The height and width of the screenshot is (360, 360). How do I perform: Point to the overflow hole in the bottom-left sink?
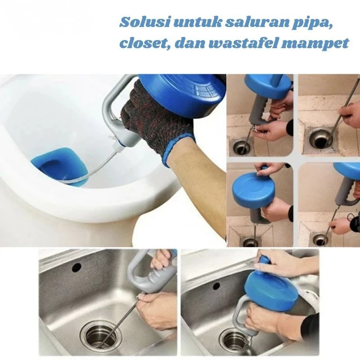pos(76,267)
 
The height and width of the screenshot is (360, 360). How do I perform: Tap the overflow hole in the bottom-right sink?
pos(216,286)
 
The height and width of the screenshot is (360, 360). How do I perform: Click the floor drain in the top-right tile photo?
pos(320,139)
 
